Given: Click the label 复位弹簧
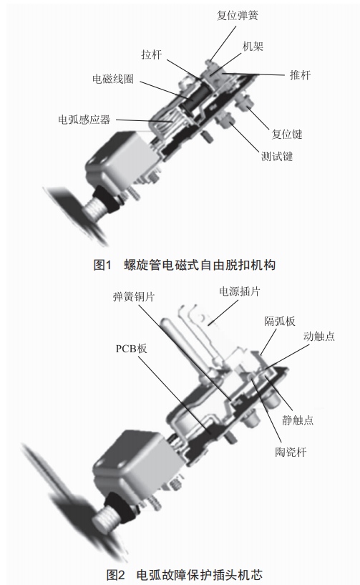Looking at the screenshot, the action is [x=238, y=16].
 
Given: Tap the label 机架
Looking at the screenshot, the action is [x=253, y=47].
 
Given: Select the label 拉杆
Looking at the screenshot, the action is [x=152, y=54].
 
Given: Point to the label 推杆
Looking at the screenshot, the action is [x=300, y=75].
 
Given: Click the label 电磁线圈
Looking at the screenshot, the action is [x=113, y=79].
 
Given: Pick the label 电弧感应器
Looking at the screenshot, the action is [x=84, y=120].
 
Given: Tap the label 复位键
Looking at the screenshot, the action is [x=286, y=135].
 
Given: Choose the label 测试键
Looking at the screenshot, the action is [x=277, y=156].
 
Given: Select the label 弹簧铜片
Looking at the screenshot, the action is [x=134, y=297].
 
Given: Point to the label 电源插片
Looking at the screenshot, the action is [x=239, y=291].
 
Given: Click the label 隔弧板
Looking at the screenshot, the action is [x=280, y=321].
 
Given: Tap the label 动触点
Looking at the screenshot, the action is [x=319, y=336].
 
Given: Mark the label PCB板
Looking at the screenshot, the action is [x=131, y=349].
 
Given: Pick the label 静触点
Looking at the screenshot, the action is [x=298, y=420].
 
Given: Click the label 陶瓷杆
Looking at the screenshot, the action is [x=291, y=452].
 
